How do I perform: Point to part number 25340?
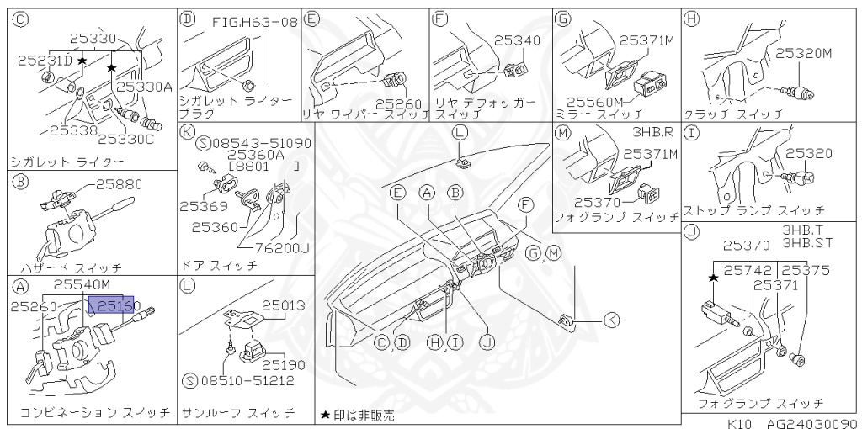point(517,40)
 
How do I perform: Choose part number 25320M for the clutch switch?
point(803,53)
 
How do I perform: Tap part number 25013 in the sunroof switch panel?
point(283,305)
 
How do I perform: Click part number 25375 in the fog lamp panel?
point(806,270)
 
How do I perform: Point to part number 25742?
point(748,270)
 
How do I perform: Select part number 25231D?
point(43,61)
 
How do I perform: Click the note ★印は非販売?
point(357,415)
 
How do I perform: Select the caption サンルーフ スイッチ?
point(238,413)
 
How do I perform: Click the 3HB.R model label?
point(652,134)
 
